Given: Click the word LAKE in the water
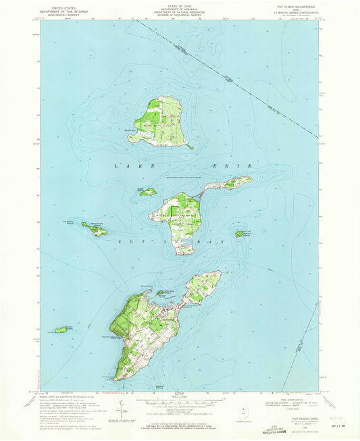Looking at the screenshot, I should [132, 165].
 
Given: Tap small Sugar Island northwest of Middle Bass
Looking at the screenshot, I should [149, 192].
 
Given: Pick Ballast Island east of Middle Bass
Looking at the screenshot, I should [239, 234].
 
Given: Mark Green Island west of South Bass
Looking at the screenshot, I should [61, 330].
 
